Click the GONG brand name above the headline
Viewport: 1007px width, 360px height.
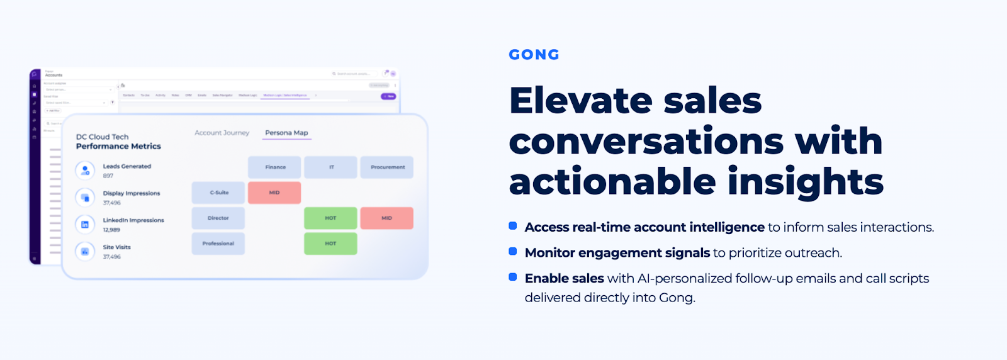[534, 55]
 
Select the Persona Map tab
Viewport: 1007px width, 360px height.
[286, 133]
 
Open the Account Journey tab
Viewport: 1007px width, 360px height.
[222, 133]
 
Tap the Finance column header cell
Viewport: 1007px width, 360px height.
[275, 167]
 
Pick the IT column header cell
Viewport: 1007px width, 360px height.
[331, 167]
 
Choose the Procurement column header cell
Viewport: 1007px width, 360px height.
[387, 167]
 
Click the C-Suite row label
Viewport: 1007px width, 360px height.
[218, 193]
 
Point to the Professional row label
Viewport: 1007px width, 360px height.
[218, 244]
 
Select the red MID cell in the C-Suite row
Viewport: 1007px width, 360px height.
[274, 193]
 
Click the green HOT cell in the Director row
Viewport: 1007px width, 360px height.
[330, 218]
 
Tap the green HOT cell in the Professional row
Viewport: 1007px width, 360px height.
[330, 244]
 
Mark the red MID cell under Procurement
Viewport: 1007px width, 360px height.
[386, 218]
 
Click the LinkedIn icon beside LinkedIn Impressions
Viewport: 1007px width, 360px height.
[85, 225]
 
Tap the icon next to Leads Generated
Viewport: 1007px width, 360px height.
[85, 171]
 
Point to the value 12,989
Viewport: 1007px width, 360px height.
[111, 230]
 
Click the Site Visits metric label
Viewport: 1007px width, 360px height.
[117, 247]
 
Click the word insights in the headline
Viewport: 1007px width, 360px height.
[806, 182]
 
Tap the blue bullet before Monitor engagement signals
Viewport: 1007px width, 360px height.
[513, 252]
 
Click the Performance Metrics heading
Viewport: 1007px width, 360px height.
[118, 146]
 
